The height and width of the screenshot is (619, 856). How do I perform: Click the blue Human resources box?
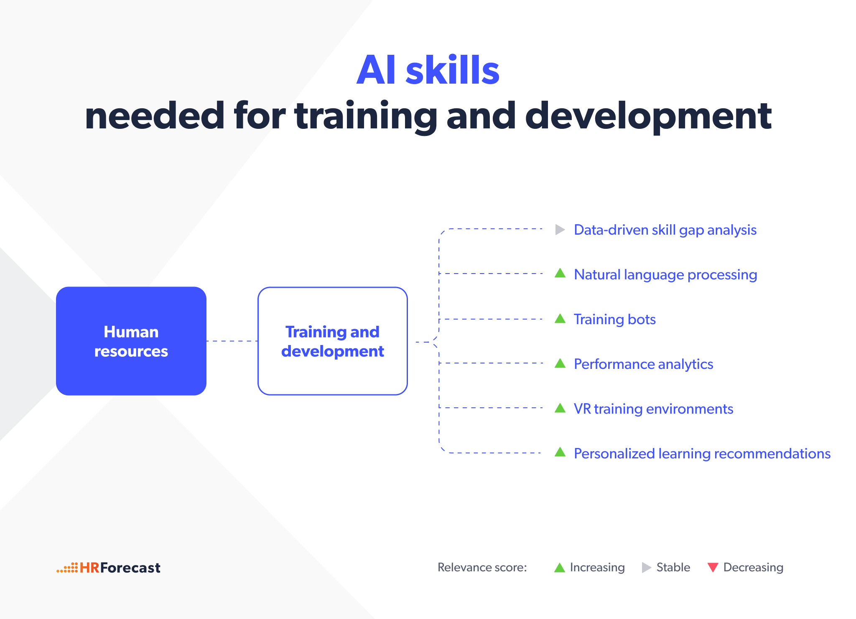pos(131,341)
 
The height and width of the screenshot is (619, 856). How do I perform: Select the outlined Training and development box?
pos(333,341)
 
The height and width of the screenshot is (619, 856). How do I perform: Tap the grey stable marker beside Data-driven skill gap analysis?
pos(560,230)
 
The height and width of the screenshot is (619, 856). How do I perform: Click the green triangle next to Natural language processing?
pos(560,274)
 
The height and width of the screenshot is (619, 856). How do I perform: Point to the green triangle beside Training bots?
pos(560,319)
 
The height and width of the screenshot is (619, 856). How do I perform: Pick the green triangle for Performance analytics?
pos(560,363)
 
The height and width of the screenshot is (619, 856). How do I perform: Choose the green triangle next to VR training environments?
pos(560,408)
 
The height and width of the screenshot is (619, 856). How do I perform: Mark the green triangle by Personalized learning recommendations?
pos(560,453)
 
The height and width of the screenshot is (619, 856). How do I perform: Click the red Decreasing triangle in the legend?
pos(713,568)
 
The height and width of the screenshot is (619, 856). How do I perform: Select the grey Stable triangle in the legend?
pos(647,568)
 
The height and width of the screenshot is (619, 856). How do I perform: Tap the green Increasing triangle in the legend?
pos(560,568)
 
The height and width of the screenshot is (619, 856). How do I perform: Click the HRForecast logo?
pos(108,568)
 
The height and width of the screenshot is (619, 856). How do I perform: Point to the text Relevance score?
pos(482,568)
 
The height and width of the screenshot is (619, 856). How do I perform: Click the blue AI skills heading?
pos(428,70)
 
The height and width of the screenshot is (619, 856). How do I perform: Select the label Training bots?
pos(615,320)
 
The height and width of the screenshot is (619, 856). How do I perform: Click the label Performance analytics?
pos(644,364)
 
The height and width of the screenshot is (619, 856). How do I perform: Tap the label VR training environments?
pos(654,409)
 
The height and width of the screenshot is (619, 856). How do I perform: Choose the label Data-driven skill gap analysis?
pos(665,230)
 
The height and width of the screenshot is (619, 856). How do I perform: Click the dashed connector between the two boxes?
pos(232,341)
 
